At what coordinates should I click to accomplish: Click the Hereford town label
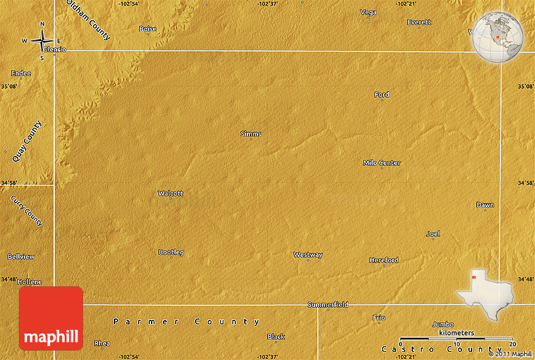tap(383, 260)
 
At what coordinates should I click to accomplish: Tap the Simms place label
tap(251, 133)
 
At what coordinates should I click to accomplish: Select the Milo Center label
tap(381, 163)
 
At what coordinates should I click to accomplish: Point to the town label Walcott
tap(171, 193)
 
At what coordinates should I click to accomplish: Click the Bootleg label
tap(171, 252)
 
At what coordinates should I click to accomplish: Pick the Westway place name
tap(308, 255)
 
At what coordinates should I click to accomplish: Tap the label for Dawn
tap(485, 205)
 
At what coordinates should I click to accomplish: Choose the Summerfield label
tap(328, 305)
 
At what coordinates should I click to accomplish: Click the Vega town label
tap(368, 12)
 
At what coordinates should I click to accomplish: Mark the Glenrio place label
tap(54, 49)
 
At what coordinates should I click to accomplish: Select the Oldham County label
tap(88, 20)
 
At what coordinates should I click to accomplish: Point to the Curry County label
tap(26, 211)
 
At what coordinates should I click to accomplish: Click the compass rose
tap(42, 41)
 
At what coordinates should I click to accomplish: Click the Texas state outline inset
tap(485, 293)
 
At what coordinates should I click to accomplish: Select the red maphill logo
tap(51, 318)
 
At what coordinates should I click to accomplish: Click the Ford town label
tap(381, 94)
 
